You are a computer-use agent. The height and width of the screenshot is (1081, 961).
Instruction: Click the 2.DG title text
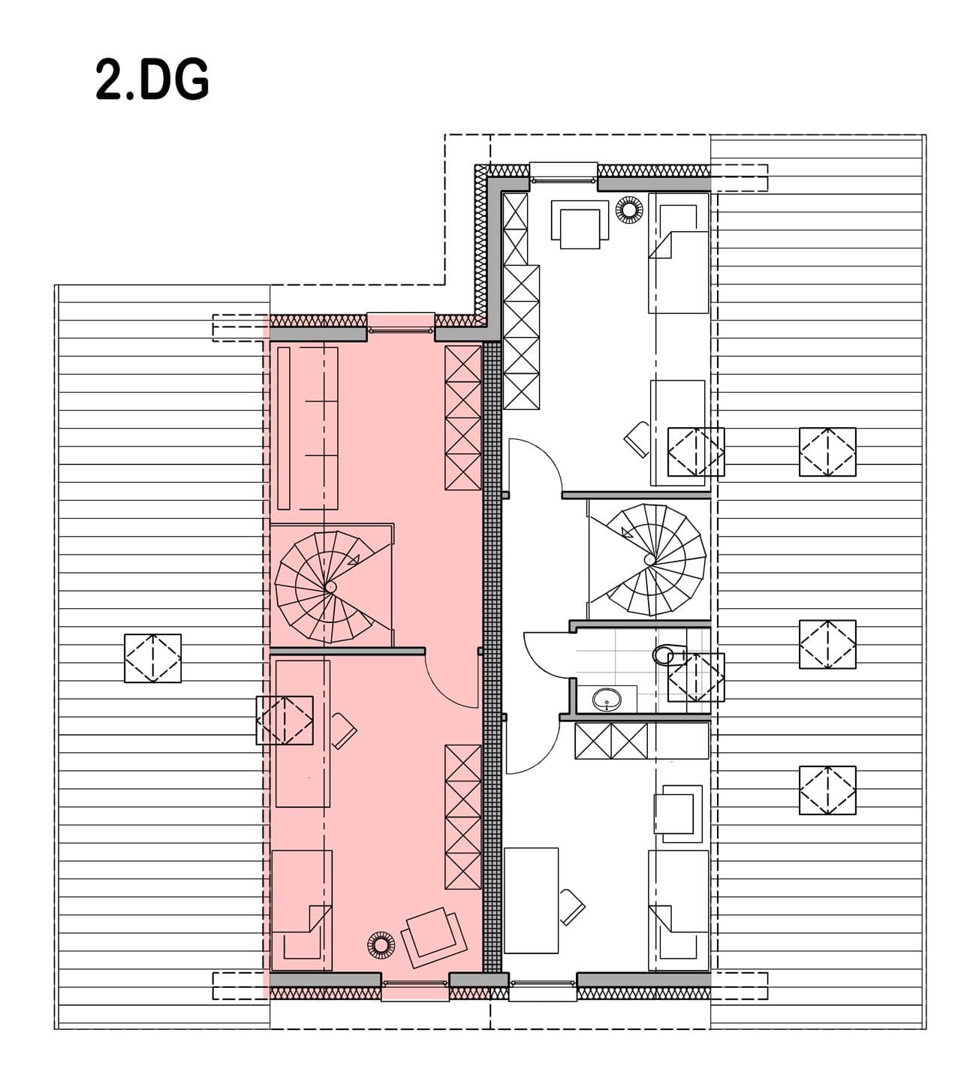(152, 80)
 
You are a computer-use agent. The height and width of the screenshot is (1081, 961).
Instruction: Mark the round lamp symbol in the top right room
(629, 209)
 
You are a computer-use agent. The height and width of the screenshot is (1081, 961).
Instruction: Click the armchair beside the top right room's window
(580, 224)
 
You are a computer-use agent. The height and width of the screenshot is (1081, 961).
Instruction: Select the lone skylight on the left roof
(152, 658)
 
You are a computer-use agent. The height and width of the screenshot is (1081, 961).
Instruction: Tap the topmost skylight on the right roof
(827, 452)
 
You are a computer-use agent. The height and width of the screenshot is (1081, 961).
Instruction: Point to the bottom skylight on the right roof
(827, 790)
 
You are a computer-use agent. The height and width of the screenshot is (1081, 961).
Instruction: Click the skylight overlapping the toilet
(696, 677)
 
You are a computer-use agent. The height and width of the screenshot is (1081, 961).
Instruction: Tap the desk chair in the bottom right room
(571, 907)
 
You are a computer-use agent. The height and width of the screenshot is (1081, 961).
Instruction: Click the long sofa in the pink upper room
(307, 428)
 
